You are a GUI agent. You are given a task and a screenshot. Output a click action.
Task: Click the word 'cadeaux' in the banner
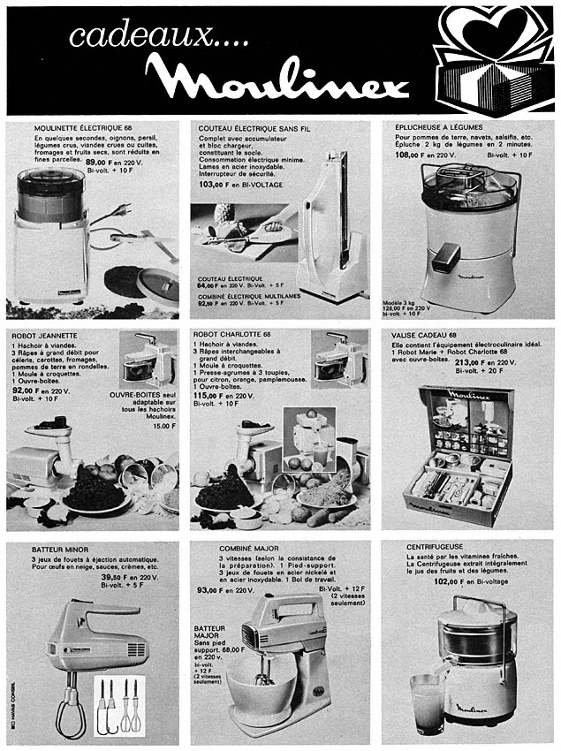114,37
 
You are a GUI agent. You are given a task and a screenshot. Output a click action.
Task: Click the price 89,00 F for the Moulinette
96,163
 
